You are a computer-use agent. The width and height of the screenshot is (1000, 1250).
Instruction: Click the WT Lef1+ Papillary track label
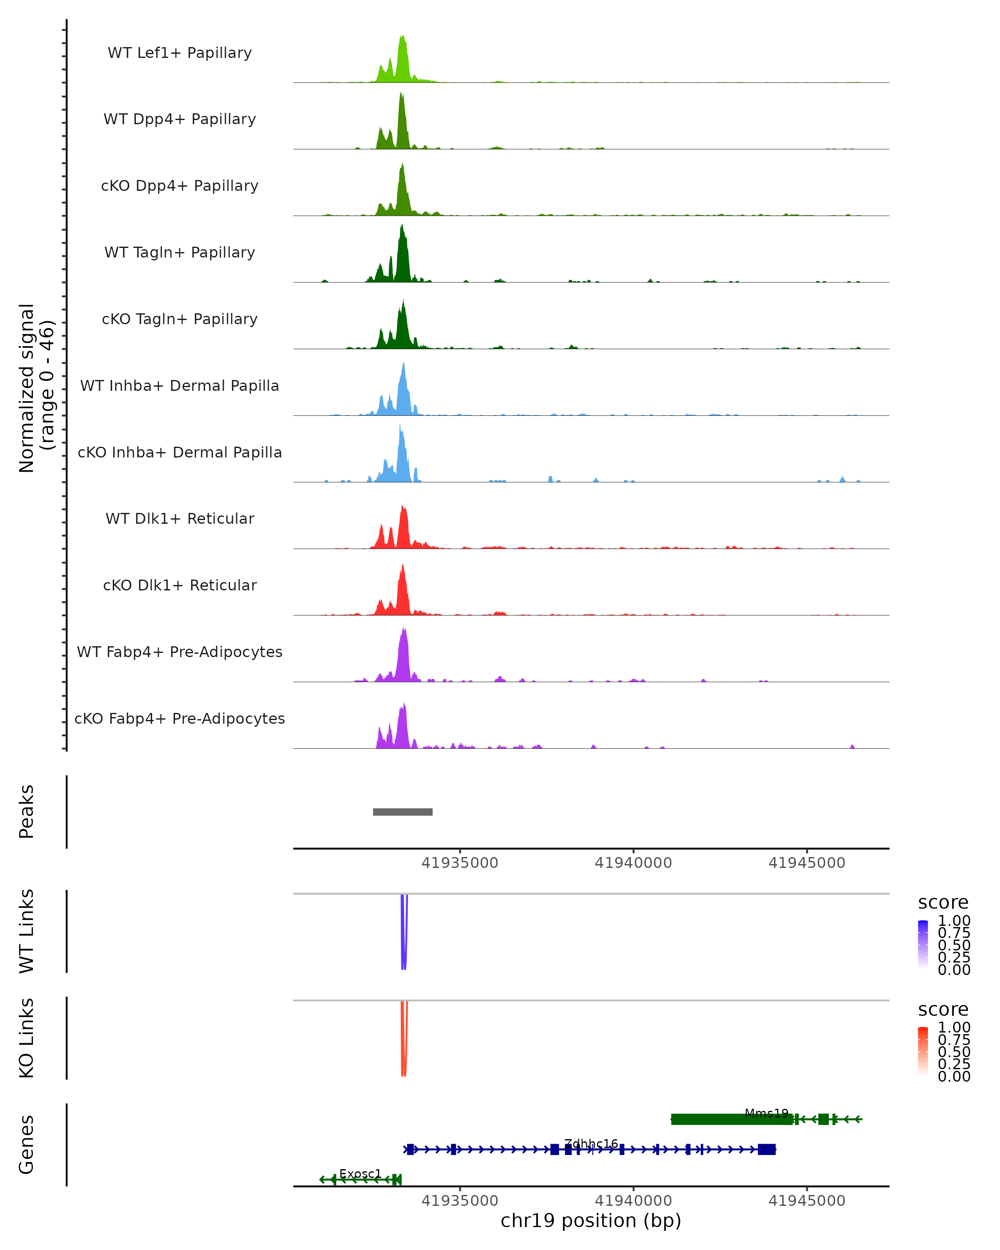coord(180,53)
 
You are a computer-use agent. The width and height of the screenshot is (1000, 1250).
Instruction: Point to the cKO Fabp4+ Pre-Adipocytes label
coord(180,718)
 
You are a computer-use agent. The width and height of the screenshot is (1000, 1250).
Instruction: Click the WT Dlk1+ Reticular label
coord(180,519)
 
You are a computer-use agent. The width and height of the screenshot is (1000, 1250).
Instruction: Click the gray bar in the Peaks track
coord(402,812)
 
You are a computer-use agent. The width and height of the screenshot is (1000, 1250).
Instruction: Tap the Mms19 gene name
coord(766,1113)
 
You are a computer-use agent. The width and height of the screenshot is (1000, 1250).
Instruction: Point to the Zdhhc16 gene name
coord(591,1143)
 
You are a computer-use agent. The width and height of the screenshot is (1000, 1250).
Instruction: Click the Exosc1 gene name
coord(360,1173)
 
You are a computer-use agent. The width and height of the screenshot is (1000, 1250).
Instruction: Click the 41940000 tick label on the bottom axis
coord(633,1201)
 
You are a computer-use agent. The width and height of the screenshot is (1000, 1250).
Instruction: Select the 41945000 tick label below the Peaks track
coord(806,863)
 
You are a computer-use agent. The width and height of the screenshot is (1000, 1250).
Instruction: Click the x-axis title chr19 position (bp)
coord(591,1221)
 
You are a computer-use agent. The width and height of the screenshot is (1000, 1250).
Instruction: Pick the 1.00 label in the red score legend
coord(954,1027)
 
